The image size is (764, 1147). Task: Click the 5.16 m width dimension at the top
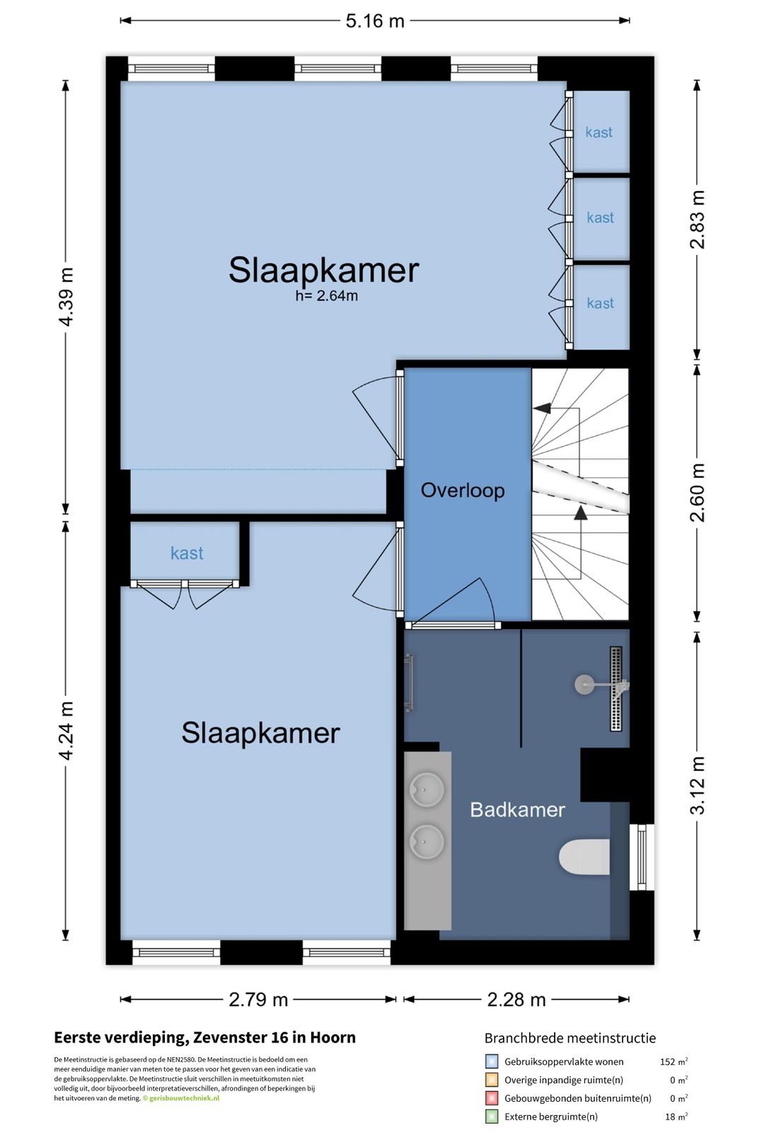(x=375, y=21)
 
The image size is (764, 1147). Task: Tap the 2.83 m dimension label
(x=697, y=219)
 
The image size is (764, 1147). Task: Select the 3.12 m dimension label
(x=697, y=785)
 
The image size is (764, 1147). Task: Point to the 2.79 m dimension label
(x=258, y=999)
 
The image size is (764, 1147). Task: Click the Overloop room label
(x=463, y=490)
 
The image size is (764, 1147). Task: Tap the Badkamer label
(x=517, y=809)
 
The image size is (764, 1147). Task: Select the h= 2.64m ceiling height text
(x=327, y=295)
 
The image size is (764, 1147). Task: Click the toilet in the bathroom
(x=584, y=856)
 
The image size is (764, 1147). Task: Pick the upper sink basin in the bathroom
(x=427, y=789)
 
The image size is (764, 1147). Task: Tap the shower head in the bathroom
(x=584, y=684)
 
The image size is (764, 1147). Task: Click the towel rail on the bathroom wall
(x=408, y=683)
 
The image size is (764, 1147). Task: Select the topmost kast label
(x=598, y=132)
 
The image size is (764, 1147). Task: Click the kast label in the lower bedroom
(x=187, y=553)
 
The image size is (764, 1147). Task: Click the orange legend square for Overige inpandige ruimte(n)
(x=491, y=1080)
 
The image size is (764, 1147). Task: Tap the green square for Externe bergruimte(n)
(x=491, y=1117)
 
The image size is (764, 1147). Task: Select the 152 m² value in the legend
(x=673, y=1061)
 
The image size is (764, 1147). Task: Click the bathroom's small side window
(x=642, y=857)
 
